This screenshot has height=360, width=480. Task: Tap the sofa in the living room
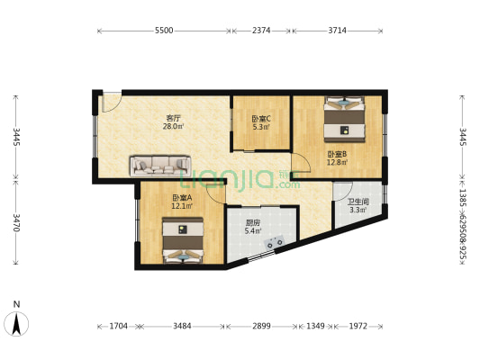pos(161,165)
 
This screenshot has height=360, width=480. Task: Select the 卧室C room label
pos(261,118)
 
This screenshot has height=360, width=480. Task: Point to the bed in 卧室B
pos(343,118)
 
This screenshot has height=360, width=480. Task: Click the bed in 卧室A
pos(183,245)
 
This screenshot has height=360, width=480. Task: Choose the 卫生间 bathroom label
pos(358,202)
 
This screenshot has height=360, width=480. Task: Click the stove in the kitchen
pos(275,241)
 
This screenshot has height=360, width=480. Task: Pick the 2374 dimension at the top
pos(261,31)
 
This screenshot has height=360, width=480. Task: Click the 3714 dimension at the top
pos(337,31)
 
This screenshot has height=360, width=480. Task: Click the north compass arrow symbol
pos(16,321)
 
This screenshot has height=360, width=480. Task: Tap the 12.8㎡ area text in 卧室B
pos(337,163)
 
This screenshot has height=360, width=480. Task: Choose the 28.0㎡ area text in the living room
pos(174,127)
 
